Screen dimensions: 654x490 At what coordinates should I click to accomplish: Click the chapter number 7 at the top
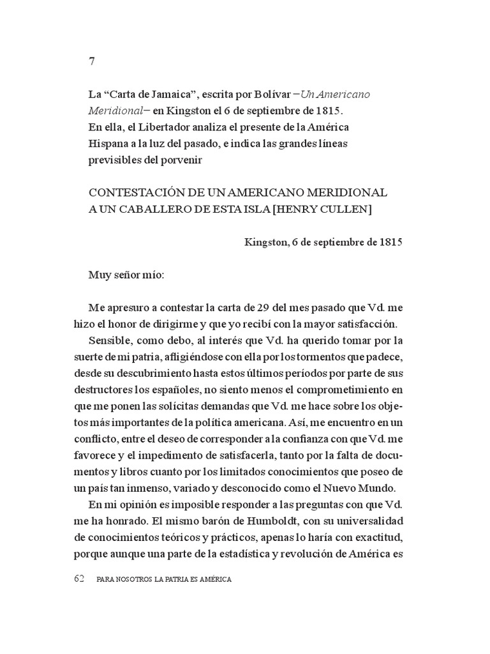pyautogui.click(x=92, y=62)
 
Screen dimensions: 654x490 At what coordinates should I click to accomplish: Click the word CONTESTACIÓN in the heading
pyautogui.click(x=133, y=192)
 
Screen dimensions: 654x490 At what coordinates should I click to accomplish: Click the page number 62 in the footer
pyautogui.click(x=80, y=579)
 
